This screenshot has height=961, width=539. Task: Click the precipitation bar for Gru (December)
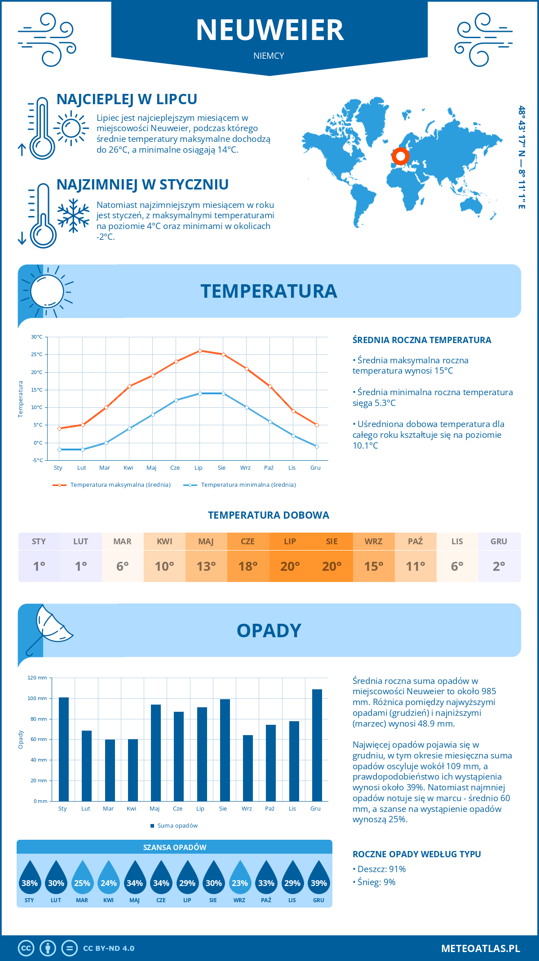click(x=317, y=745)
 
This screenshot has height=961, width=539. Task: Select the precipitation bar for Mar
click(x=110, y=770)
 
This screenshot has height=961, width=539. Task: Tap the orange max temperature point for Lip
click(x=200, y=351)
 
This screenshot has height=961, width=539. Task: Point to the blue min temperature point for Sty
click(x=59, y=450)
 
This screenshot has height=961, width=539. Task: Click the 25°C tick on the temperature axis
click(x=37, y=354)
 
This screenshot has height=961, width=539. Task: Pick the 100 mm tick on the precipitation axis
click(x=37, y=698)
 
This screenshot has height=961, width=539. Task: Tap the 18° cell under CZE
click(x=248, y=566)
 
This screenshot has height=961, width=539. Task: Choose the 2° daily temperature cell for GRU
click(x=499, y=566)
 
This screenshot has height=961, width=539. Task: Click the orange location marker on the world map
click(x=400, y=157)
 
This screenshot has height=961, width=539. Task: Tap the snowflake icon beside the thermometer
click(x=73, y=216)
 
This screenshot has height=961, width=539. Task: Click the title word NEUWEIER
click(x=269, y=30)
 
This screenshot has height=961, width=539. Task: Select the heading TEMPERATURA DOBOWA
click(x=269, y=515)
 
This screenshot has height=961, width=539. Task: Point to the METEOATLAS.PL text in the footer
click(x=480, y=948)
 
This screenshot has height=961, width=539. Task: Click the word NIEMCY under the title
click(x=269, y=56)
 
